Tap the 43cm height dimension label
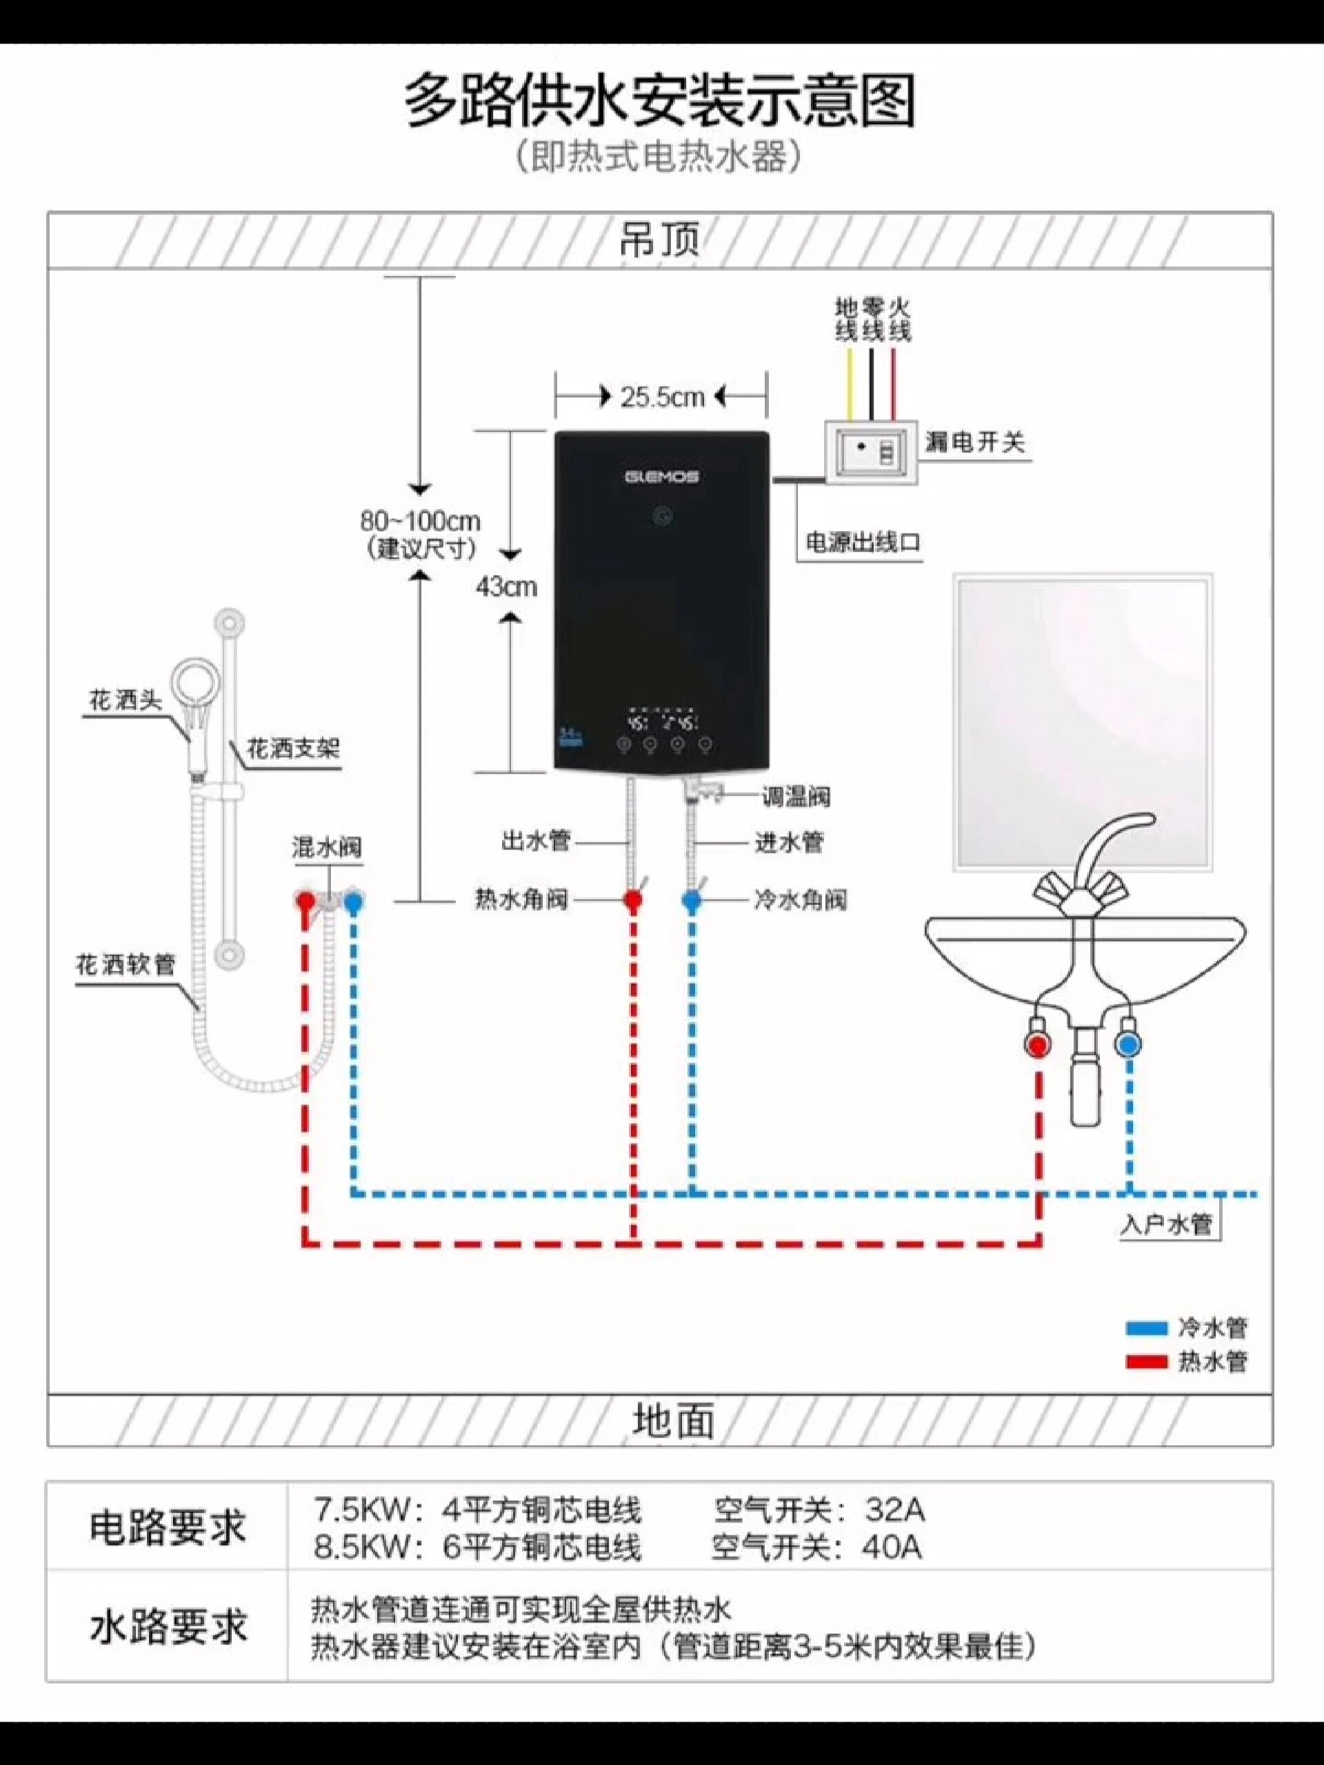pos(506,587)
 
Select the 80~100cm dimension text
pos(420,522)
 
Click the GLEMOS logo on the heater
pos(661,477)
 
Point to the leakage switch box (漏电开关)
pos(871,451)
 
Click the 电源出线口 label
pos(863,543)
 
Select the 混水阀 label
pos(326,847)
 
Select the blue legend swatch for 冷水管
pos(1146,1328)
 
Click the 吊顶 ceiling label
pos(660,239)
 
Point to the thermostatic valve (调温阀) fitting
pos(702,792)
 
